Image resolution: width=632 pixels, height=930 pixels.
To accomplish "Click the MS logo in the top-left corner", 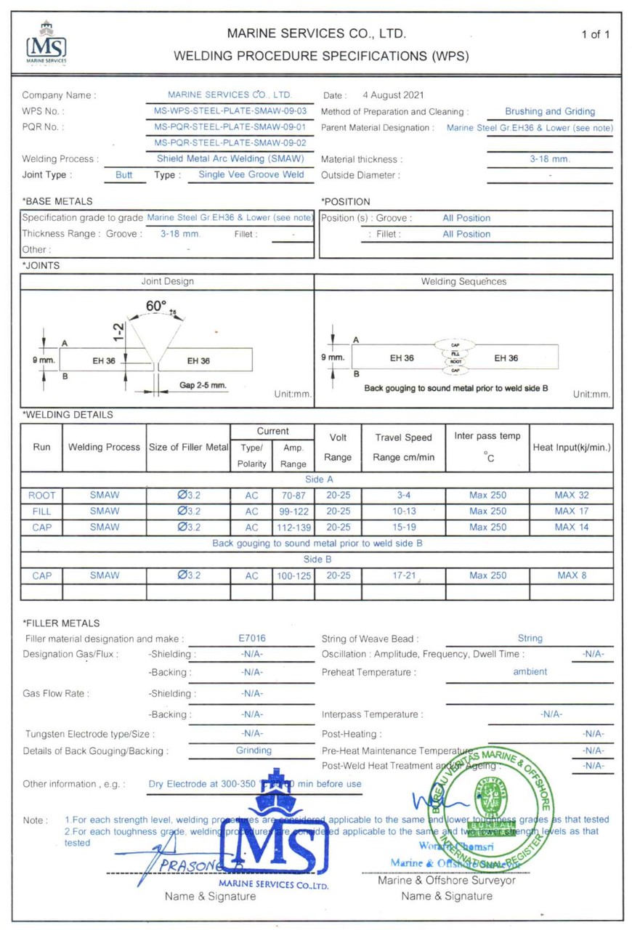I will click(46, 43).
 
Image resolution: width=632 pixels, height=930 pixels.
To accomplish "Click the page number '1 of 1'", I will click(596, 34).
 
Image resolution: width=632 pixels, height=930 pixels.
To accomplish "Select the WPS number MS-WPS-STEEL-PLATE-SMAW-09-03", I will click(230, 111).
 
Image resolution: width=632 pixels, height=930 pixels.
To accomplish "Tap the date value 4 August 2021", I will click(393, 95).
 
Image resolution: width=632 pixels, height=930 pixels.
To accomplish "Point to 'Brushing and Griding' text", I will click(550, 111).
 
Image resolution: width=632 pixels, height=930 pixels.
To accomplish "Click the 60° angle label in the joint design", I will click(156, 307).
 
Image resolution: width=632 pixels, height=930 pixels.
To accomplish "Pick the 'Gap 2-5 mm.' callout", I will click(203, 384).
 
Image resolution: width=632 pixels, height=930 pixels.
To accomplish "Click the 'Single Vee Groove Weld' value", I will click(251, 175).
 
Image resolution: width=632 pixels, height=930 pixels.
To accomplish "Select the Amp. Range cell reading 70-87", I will click(293, 496).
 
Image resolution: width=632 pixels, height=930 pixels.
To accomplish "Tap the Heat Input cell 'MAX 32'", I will click(571, 496).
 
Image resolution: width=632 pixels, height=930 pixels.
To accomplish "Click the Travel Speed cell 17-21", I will click(403, 575).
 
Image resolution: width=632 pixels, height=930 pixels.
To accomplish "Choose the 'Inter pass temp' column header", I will click(487, 437).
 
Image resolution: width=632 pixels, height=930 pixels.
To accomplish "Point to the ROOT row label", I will click(42, 496).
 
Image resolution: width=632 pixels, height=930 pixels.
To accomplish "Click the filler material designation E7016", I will click(252, 639).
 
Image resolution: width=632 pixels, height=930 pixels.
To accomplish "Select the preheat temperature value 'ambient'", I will click(530, 671).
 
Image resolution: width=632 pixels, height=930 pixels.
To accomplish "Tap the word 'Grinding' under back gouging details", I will click(254, 751).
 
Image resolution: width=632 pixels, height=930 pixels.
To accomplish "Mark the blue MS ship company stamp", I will click(284, 828).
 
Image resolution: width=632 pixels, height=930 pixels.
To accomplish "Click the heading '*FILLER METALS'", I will click(61, 623).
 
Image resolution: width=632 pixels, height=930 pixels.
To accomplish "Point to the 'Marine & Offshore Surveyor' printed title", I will click(447, 881).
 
